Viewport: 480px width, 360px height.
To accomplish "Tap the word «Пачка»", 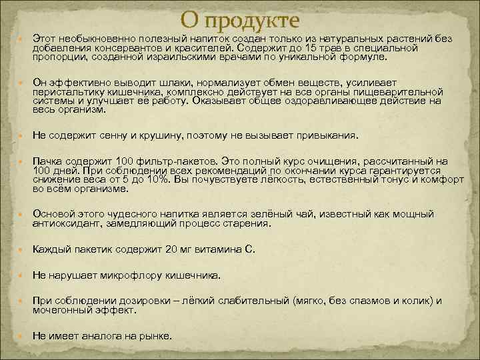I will point(47,162).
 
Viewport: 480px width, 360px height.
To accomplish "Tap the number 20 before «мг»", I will point(172,249).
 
